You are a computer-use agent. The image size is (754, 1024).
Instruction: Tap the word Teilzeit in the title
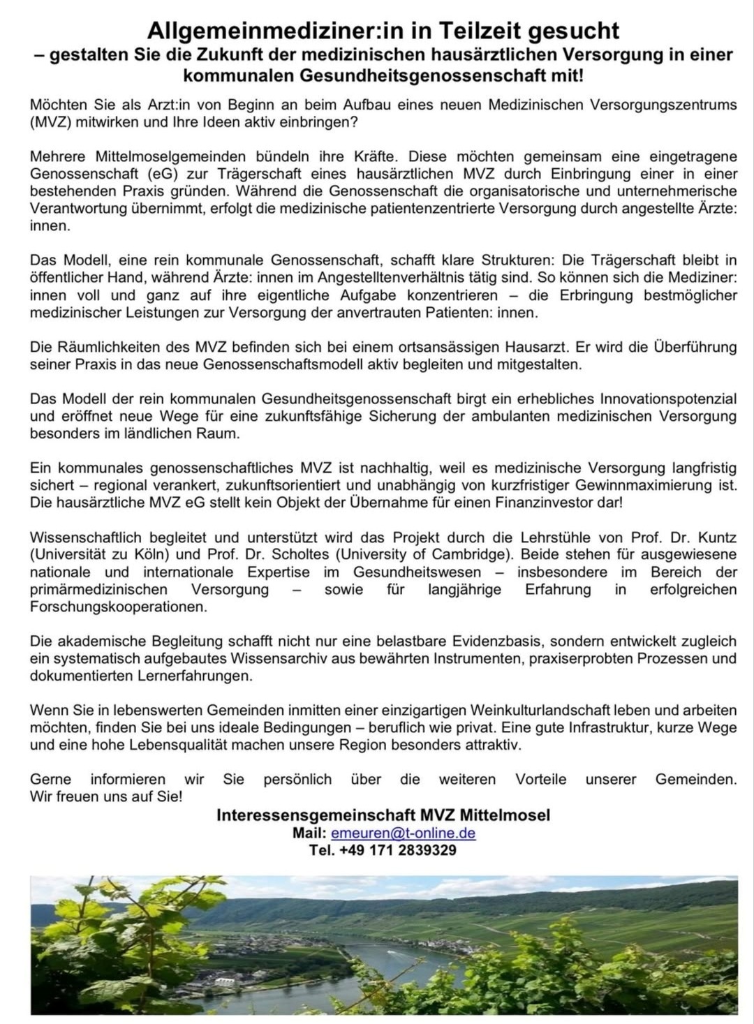[x=481, y=30]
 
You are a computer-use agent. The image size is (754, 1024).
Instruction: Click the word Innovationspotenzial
[x=668, y=399]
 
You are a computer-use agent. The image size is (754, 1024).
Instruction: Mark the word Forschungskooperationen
[x=119, y=607]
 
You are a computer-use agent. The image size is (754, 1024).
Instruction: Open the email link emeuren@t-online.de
[x=403, y=833]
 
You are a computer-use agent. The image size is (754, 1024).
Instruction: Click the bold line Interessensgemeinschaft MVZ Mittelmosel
[x=383, y=815]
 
